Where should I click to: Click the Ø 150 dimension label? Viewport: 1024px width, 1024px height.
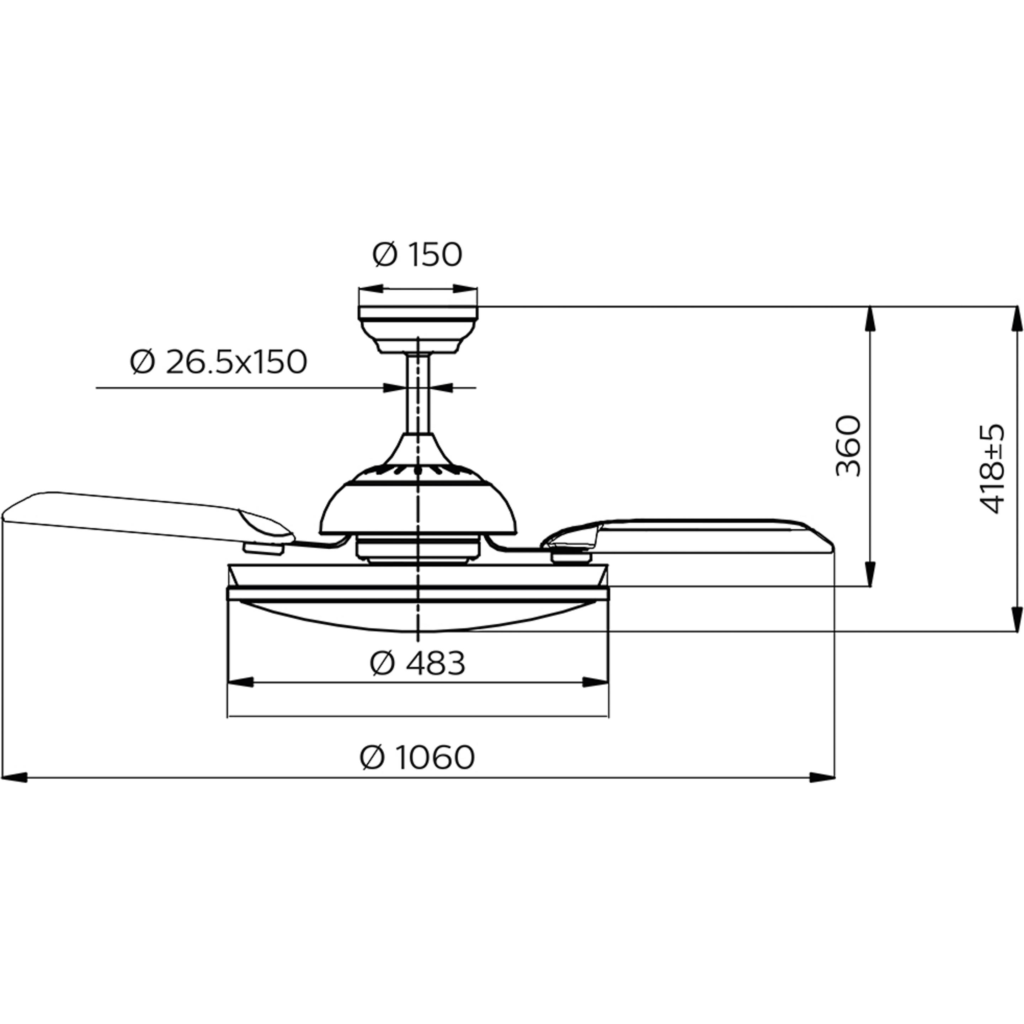pos(417,255)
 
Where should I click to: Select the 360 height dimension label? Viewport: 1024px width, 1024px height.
pos(849,446)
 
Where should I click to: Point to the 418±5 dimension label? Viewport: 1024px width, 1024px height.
pos(992,469)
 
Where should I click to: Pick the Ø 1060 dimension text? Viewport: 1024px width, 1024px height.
pos(417,757)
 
